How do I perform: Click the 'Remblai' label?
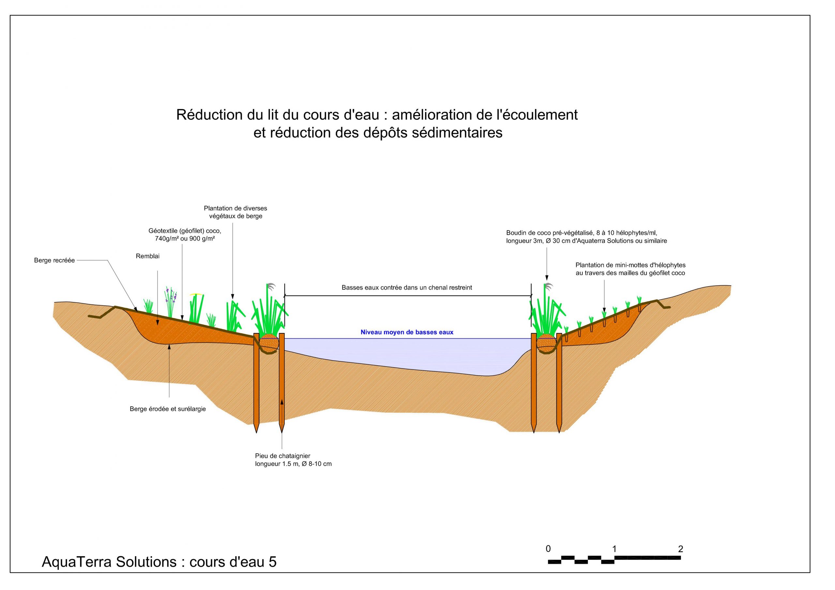[x=148, y=256]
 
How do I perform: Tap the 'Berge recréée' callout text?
[x=54, y=261]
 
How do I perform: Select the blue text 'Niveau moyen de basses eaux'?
[x=407, y=332]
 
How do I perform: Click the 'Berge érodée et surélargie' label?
[x=168, y=409]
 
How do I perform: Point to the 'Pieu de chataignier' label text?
[x=282, y=456]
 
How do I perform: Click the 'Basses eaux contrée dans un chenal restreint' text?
[x=407, y=288]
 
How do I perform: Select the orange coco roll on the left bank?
[x=269, y=343]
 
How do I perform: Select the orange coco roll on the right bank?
[x=547, y=343]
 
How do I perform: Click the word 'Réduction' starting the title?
[x=209, y=115]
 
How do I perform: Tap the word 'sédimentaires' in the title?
[x=457, y=133]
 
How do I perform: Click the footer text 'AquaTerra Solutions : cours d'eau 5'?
[x=159, y=562]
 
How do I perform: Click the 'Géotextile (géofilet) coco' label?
[x=185, y=231]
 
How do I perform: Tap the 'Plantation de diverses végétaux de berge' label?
[x=235, y=212]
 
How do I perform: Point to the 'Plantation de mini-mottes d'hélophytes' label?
[x=630, y=265]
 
